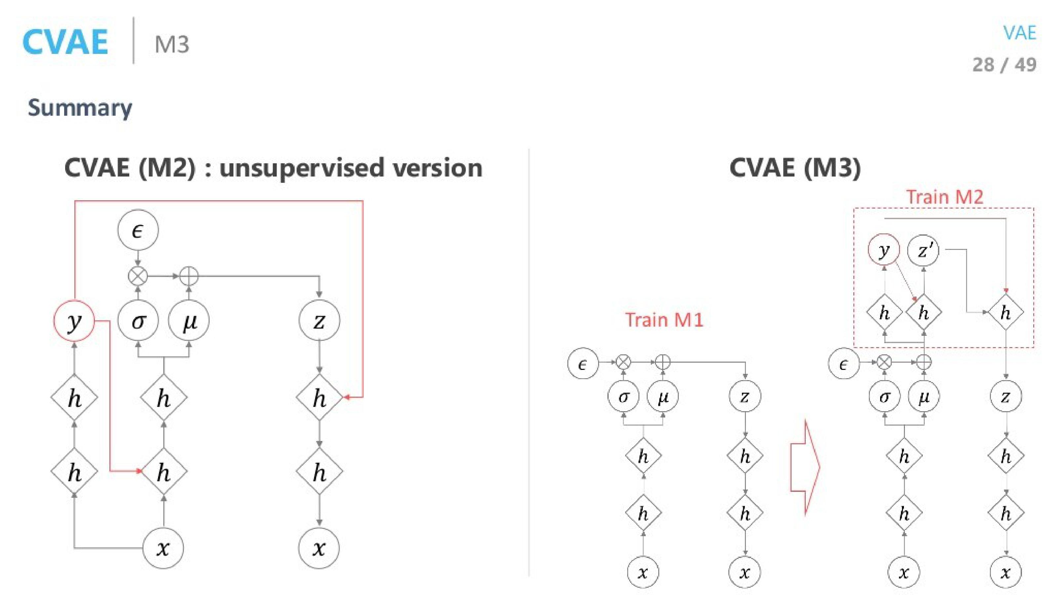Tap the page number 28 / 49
click(1004, 65)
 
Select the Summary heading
click(80, 108)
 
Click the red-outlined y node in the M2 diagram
click(74, 321)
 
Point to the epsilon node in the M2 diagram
click(138, 231)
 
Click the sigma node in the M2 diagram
click(138, 321)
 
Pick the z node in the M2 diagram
click(319, 321)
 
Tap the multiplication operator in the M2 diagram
click(138, 276)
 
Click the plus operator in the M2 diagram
click(189, 276)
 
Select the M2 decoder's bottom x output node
click(319, 548)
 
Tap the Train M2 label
click(945, 197)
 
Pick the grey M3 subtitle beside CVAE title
click(172, 44)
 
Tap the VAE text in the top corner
click(1020, 33)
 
